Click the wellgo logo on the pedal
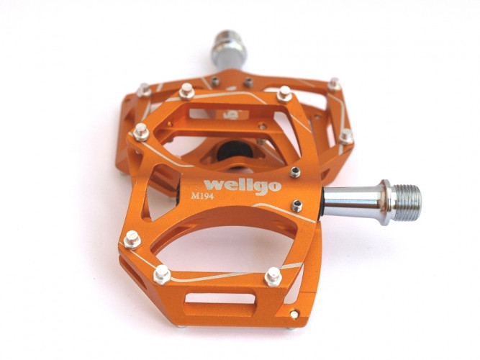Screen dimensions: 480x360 tap(243, 186)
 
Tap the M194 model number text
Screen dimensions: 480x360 tap(202, 196)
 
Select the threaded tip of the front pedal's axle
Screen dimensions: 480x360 tap(407, 203)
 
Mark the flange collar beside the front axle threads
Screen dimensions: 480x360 tap(386, 202)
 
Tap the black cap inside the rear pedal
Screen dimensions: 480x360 tap(235, 150)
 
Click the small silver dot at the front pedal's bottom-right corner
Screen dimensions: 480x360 tap(294, 314)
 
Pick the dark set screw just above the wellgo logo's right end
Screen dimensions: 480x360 tap(295, 173)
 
